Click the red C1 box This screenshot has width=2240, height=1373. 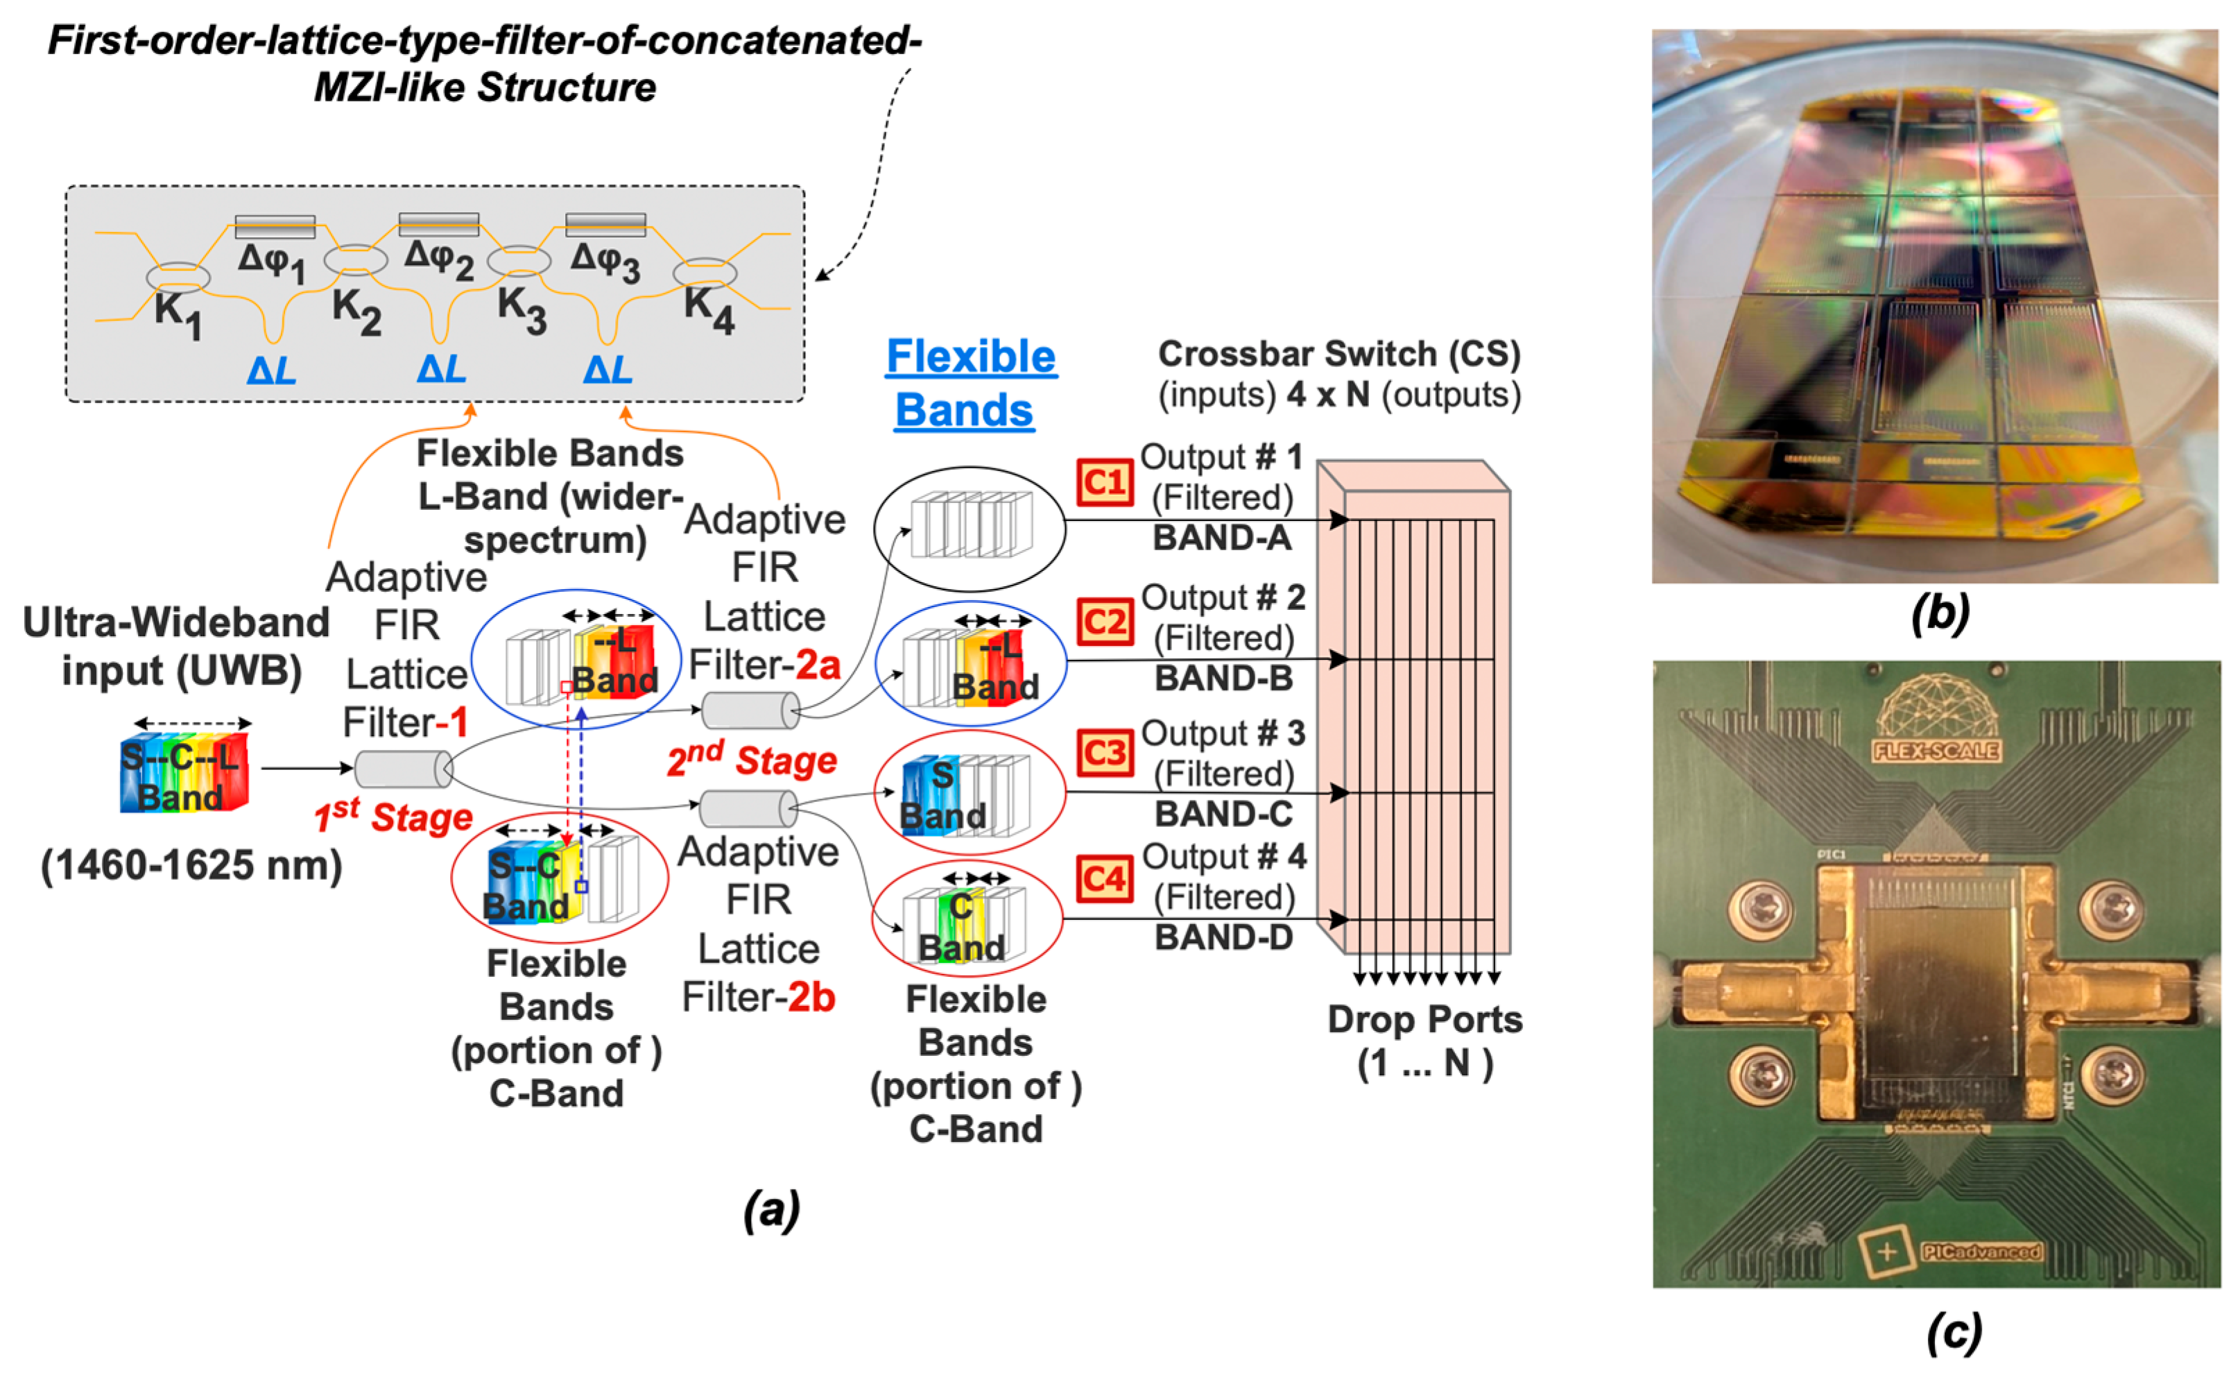click(x=1105, y=482)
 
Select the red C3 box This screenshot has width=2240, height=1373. click(x=1105, y=753)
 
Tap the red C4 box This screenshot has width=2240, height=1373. click(x=1105, y=878)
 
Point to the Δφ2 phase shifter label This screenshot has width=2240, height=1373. click(x=439, y=259)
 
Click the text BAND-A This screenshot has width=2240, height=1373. click(x=1222, y=538)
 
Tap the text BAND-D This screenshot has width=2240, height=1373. click(x=1223, y=937)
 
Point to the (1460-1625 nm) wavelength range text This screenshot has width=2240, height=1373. click(x=192, y=864)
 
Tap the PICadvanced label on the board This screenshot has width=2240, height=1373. click(x=1980, y=1252)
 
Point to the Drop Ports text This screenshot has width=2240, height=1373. click(x=1424, y=1019)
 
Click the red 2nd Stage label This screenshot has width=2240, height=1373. click(x=751, y=759)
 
